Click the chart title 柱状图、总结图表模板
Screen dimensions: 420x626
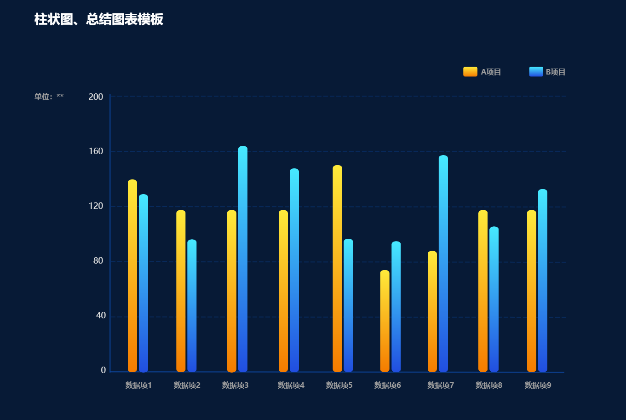click(98, 19)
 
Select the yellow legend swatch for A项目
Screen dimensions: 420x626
click(470, 72)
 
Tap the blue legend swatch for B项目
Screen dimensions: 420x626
click(536, 72)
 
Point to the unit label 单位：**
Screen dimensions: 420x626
click(49, 97)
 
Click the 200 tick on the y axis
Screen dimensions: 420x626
click(96, 97)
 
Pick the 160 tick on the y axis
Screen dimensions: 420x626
click(96, 151)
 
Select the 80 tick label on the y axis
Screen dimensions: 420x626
click(98, 261)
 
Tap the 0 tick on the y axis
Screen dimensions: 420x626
click(103, 370)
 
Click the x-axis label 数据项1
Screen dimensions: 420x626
click(138, 385)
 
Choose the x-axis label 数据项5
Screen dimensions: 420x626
click(339, 385)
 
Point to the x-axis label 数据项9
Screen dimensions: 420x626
click(538, 385)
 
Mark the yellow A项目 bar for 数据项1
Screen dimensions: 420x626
click(132, 276)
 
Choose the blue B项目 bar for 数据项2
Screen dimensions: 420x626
click(192, 305)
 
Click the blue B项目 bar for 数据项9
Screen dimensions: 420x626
click(543, 281)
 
